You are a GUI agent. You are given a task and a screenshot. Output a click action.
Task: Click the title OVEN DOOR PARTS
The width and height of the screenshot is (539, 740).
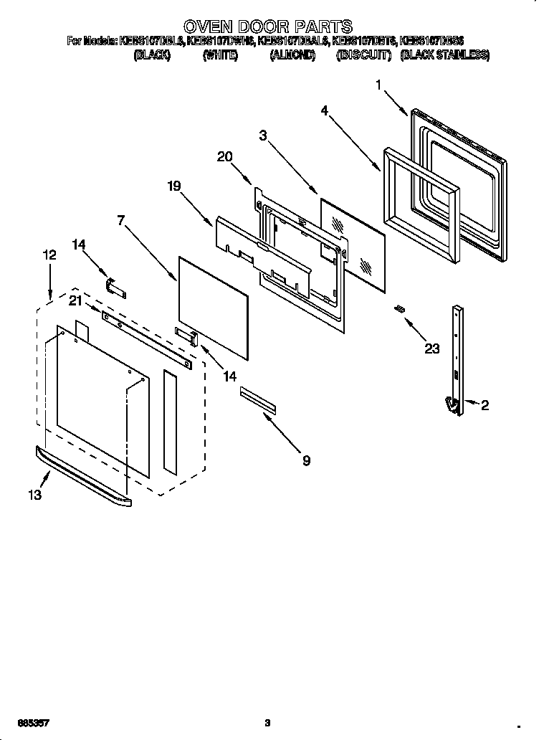(x=269, y=27)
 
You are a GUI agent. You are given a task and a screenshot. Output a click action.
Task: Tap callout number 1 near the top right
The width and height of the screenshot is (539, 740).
(x=378, y=85)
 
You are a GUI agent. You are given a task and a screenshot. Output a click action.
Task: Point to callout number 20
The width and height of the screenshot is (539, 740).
(x=224, y=157)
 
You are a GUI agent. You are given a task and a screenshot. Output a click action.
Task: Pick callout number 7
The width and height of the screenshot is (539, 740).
(x=122, y=220)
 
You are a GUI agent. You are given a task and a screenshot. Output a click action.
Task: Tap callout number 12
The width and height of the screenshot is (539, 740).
(x=49, y=255)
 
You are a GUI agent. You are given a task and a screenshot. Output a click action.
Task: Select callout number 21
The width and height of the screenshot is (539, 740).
(x=75, y=301)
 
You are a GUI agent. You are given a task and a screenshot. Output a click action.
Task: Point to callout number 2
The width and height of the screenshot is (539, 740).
(x=485, y=406)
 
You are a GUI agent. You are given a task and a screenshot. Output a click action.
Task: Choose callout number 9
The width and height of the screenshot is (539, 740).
(x=306, y=461)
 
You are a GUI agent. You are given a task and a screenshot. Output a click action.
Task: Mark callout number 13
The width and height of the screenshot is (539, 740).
(x=34, y=495)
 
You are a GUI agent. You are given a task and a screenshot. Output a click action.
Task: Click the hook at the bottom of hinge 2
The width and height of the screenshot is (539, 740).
(x=452, y=406)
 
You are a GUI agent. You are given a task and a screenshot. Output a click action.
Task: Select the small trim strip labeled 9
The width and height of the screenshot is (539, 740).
(x=257, y=399)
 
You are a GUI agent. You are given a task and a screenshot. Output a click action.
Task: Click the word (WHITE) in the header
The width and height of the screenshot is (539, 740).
(x=220, y=55)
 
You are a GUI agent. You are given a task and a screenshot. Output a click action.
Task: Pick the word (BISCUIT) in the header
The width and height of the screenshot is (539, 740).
(x=363, y=55)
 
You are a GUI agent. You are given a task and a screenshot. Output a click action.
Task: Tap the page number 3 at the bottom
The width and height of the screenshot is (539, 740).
(x=267, y=723)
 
